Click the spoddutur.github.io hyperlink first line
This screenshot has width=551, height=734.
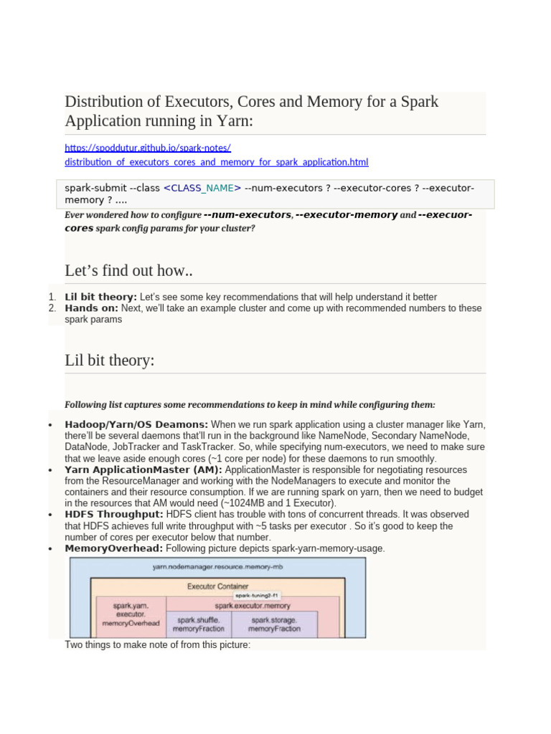pyautogui.click(x=147, y=148)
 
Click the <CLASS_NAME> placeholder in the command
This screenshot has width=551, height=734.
pyautogui.click(x=202, y=188)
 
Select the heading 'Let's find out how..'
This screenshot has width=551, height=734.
pyautogui.click(x=128, y=271)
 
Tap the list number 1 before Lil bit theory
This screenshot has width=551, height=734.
pyautogui.click(x=52, y=297)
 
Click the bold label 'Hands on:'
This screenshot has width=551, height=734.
pyautogui.click(x=91, y=308)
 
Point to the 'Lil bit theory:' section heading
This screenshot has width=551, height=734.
pyautogui.click(x=109, y=361)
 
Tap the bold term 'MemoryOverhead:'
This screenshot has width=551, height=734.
pyautogui.click(x=113, y=548)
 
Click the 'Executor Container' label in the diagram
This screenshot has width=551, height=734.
pyautogui.click(x=216, y=586)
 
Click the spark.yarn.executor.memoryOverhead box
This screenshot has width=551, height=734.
pyautogui.click(x=131, y=615)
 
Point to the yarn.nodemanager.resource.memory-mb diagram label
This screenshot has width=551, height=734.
pyautogui.click(x=216, y=566)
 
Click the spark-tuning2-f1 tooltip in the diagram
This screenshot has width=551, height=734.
pyautogui.click(x=257, y=596)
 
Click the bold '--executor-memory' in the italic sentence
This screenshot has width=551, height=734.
pyautogui.click(x=347, y=215)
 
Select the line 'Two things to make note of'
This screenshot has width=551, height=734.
pyautogui.click(x=157, y=645)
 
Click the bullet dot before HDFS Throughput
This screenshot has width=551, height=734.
pyautogui.click(x=50, y=515)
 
